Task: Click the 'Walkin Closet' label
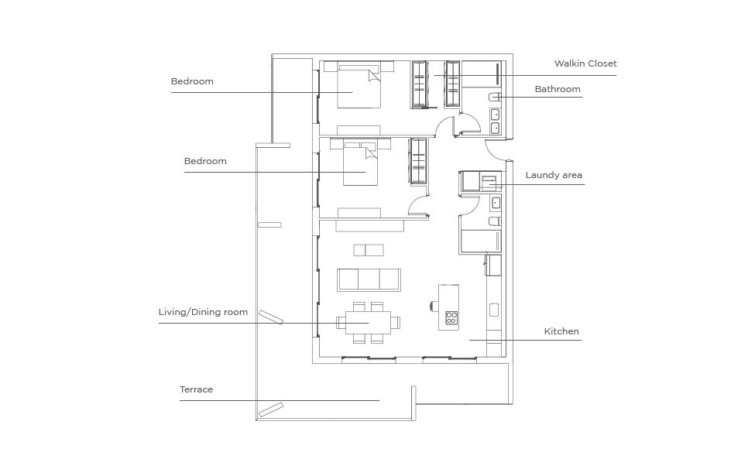click(x=585, y=63)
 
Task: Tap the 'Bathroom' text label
click(x=558, y=89)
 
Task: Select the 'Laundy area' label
click(x=554, y=175)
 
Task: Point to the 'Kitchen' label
click(x=561, y=331)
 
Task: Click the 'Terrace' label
click(x=196, y=389)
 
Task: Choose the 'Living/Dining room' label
click(x=203, y=312)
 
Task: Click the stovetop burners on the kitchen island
click(x=451, y=317)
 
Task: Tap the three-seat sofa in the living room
click(x=369, y=279)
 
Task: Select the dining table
click(x=369, y=323)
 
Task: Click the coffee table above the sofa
click(x=369, y=250)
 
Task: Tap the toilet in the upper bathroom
click(x=495, y=97)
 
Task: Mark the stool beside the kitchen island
click(x=434, y=305)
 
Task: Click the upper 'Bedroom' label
click(x=192, y=81)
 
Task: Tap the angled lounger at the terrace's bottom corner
click(x=271, y=410)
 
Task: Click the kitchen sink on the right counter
click(x=494, y=310)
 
